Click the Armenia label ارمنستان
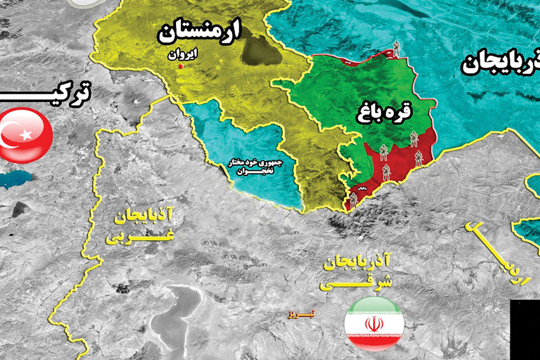(x=199, y=33)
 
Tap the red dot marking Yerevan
(x=180, y=67)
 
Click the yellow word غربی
(x=139, y=237)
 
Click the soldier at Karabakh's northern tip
(x=396, y=49)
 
